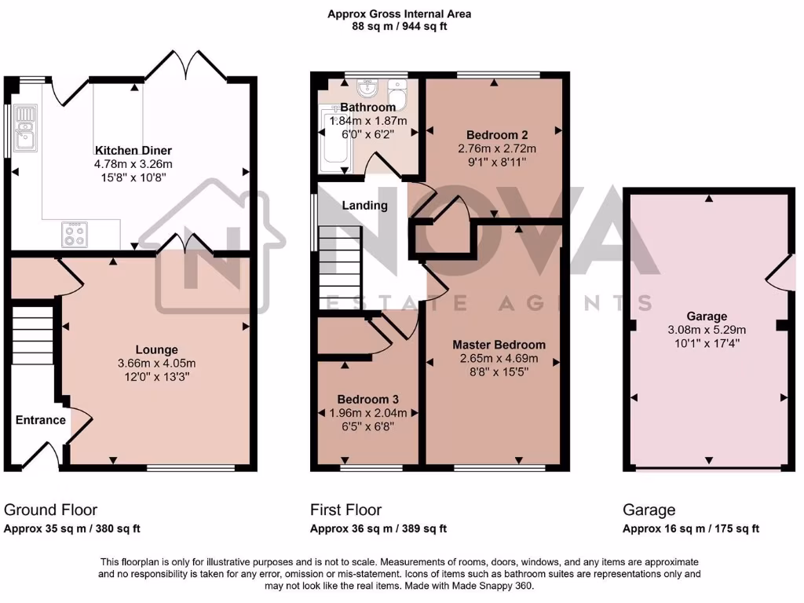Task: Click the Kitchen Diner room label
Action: coord(133,151)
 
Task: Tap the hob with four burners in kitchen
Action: coord(75,234)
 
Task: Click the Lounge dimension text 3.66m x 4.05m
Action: coord(156,363)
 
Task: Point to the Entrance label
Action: coord(41,420)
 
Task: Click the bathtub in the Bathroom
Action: coord(334,141)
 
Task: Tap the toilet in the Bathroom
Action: coord(399,99)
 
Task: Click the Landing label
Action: coord(364,206)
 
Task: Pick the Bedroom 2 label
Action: coord(496,134)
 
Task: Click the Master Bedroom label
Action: coord(499,345)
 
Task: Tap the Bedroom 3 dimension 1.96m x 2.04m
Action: coord(368,413)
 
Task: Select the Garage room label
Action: coord(707,316)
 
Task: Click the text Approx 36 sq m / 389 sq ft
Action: coord(378,528)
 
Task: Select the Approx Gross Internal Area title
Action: coord(400,14)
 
